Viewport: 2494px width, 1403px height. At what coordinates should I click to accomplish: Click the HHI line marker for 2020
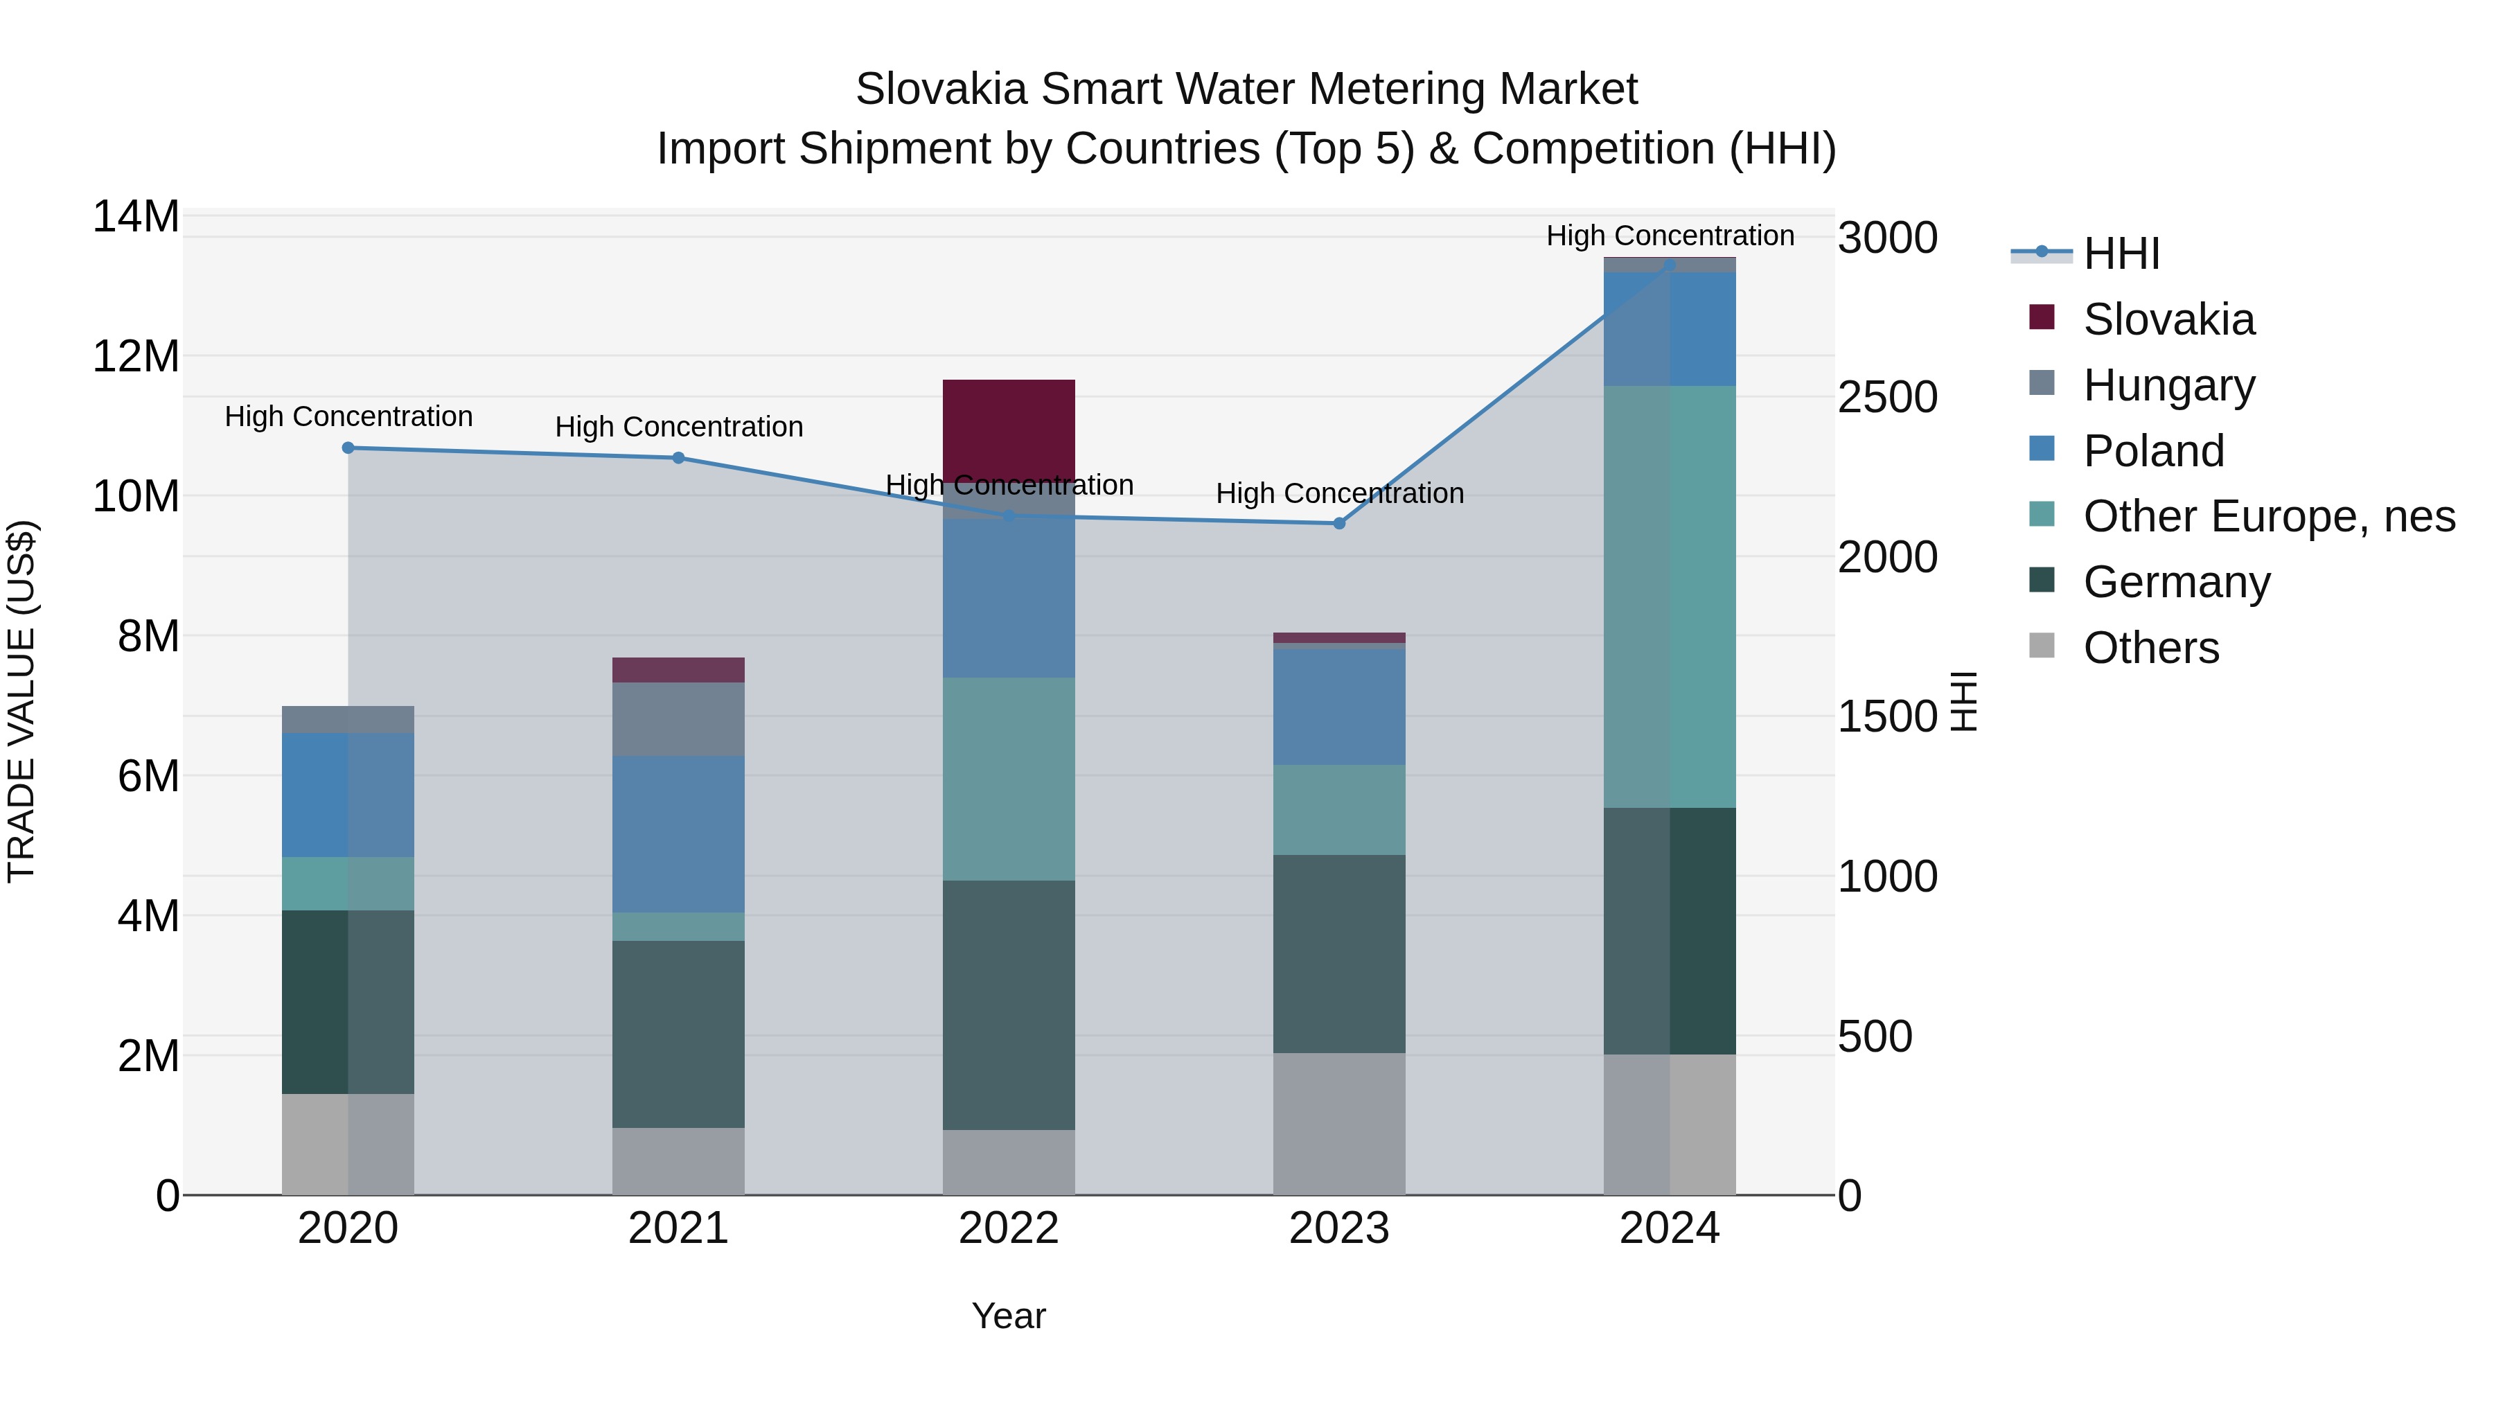348,448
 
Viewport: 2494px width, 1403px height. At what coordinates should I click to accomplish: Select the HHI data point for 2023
1339,523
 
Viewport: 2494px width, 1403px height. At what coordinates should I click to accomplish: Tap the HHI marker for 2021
679,458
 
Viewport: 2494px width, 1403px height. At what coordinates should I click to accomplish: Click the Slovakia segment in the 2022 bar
1009,426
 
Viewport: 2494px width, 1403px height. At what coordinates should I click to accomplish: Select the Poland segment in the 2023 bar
1339,706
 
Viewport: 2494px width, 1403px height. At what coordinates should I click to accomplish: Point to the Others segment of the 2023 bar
1339,1123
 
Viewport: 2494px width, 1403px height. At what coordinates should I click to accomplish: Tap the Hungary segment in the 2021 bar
679,718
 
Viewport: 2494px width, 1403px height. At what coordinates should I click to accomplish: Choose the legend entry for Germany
2177,582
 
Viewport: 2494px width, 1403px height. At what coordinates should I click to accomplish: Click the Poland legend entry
2153,450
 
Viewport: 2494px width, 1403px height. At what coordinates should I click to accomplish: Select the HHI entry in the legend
2121,254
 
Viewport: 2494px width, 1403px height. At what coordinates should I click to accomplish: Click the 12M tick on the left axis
136,356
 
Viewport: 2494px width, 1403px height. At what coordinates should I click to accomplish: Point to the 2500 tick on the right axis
1887,397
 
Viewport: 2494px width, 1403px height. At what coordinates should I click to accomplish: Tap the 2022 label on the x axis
1009,1228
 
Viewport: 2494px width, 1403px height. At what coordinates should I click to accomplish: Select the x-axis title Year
1009,1316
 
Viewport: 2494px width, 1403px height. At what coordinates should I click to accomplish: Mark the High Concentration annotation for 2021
679,426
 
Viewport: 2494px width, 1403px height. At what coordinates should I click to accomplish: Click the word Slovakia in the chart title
940,89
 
